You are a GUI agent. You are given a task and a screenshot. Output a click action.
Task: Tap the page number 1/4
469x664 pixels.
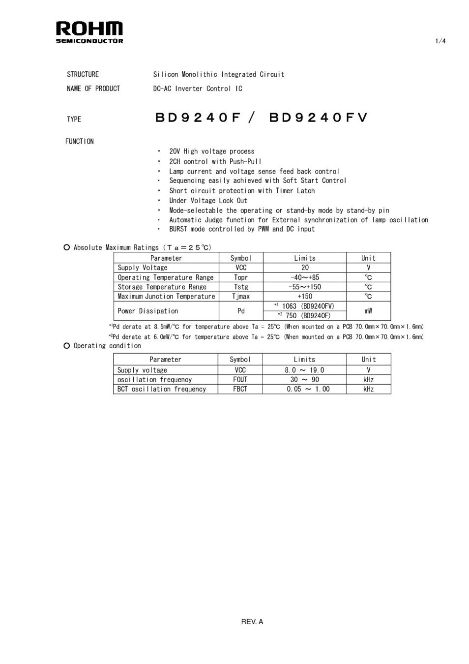pyautogui.click(x=440, y=41)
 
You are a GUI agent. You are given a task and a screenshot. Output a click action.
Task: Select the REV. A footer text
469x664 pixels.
pyautogui.click(x=252, y=622)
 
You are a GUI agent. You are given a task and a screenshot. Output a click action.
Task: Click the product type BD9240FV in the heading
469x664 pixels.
pyautogui.click(x=318, y=118)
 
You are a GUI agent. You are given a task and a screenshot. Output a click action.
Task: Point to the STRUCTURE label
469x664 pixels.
pyautogui.click(x=83, y=74)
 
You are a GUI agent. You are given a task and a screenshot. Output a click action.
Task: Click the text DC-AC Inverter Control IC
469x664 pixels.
pyautogui.click(x=198, y=89)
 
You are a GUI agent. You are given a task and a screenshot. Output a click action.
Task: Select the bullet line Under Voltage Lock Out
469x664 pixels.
pyautogui.click(x=208, y=201)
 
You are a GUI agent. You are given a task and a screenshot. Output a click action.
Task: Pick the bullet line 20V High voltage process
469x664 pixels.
pyautogui.click(x=211, y=151)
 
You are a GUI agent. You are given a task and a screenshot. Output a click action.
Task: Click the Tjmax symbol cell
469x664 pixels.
pyautogui.click(x=241, y=297)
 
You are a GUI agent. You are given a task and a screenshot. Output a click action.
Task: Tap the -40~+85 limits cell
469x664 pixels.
pyautogui.click(x=305, y=277)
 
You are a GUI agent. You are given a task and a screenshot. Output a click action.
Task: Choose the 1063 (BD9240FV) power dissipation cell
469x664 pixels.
pyautogui.click(x=305, y=306)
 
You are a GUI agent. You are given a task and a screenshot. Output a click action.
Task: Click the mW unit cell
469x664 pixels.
pyautogui.click(x=368, y=311)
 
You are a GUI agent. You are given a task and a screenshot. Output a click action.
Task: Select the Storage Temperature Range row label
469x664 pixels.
pyautogui.click(x=162, y=287)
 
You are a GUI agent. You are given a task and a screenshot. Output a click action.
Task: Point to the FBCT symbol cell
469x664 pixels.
pyautogui.click(x=240, y=389)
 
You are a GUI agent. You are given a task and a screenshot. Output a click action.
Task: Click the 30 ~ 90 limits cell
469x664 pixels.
pyautogui.click(x=304, y=380)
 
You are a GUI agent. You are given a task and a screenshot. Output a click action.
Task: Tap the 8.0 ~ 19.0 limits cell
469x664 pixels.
pyautogui.click(x=304, y=370)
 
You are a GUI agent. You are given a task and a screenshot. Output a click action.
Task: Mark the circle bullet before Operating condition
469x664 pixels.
pyautogui.click(x=67, y=346)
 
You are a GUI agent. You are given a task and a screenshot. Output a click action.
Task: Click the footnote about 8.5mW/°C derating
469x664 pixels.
pyautogui.click(x=266, y=327)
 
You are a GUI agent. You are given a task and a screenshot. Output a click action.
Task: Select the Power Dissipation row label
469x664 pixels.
pyautogui.click(x=147, y=311)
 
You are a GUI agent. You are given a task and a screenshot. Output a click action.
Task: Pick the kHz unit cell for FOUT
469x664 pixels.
pyautogui.click(x=368, y=380)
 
